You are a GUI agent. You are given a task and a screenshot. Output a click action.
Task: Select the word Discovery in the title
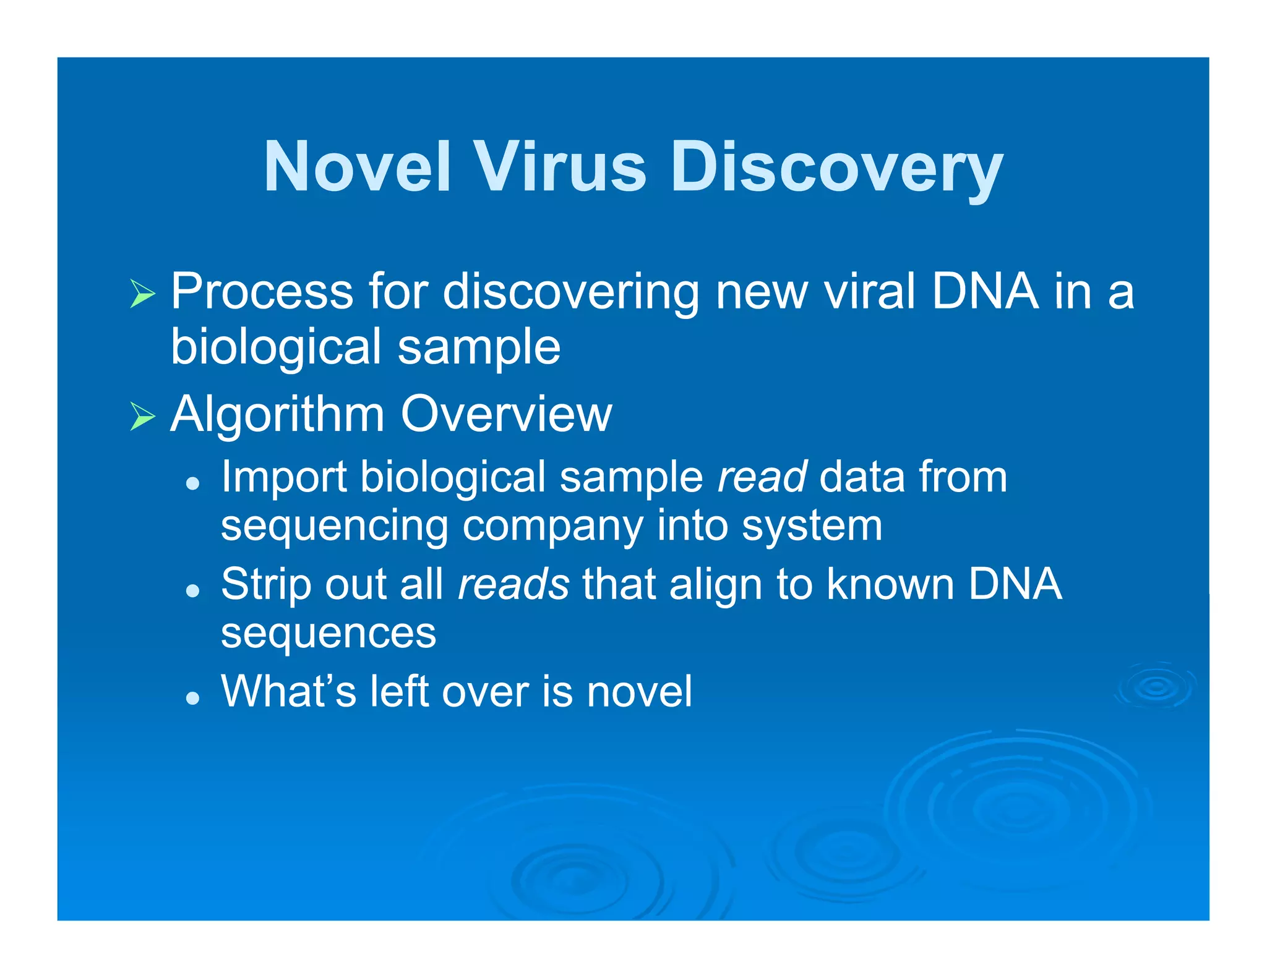click(836, 167)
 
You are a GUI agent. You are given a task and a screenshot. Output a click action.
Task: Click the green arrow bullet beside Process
click(142, 293)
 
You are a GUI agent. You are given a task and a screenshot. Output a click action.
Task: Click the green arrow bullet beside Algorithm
click(142, 416)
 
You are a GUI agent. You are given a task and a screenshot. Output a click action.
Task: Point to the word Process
click(262, 292)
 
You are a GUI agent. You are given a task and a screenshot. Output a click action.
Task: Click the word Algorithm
click(277, 414)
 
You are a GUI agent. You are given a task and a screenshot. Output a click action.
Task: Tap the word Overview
click(506, 414)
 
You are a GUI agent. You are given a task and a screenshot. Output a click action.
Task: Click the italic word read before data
click(762, 477)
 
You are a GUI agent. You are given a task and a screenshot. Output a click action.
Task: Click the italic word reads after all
click(513, 584)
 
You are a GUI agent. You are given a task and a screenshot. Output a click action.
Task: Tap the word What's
click(288, 691)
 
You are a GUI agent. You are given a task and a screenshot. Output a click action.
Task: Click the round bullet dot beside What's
click(193, 698)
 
